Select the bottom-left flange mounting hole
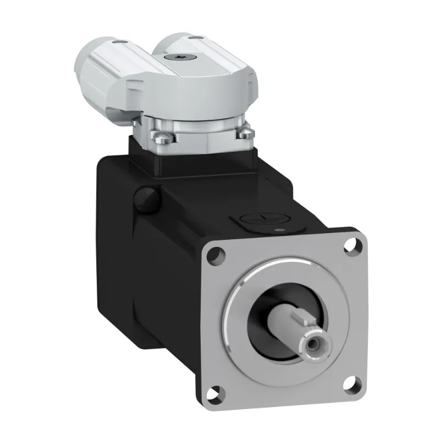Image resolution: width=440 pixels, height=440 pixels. point(217,392)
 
